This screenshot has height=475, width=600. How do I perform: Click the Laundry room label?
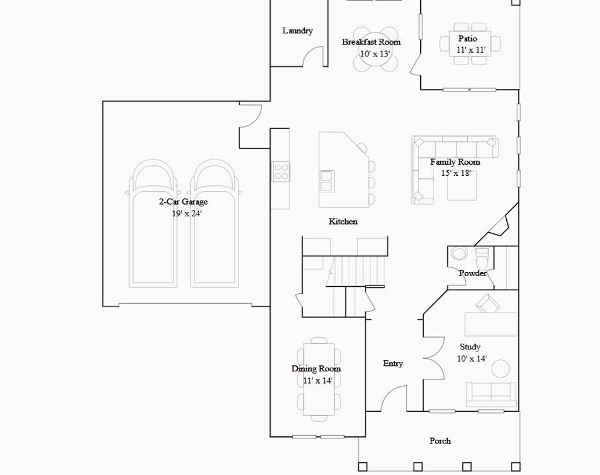click(x=297, y=30)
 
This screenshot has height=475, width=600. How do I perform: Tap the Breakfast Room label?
click(x=371, y=42)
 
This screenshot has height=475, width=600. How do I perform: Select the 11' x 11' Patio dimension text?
click(x=471, y=50)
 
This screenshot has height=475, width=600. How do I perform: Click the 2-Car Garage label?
click(x=183, y=202)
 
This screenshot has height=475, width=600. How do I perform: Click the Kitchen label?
click(x=343, y=221)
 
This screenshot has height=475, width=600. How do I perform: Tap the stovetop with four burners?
click(x=281, y=171)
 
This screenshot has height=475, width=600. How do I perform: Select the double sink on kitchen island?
click(x=326, y=181)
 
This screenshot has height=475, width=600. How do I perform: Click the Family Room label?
click(x=455, y=162)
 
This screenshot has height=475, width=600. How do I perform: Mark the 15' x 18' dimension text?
click(x=456, y=173)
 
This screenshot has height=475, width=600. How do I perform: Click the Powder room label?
click(x=472, y=273)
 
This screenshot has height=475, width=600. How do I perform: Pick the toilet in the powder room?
click(x=482, y=257)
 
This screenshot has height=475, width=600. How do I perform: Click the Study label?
click(x=470, y=347)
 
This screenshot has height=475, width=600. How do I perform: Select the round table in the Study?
click(x=500, y=369)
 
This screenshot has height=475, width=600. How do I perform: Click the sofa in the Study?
click(x=491, y=393)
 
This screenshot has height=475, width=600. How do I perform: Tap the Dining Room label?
click(x=316, y=368)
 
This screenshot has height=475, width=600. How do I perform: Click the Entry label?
click(x=393, y=363)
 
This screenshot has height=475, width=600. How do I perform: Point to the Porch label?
click(x=440, y=440)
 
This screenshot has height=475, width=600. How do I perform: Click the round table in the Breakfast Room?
click(x=375, y=50)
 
